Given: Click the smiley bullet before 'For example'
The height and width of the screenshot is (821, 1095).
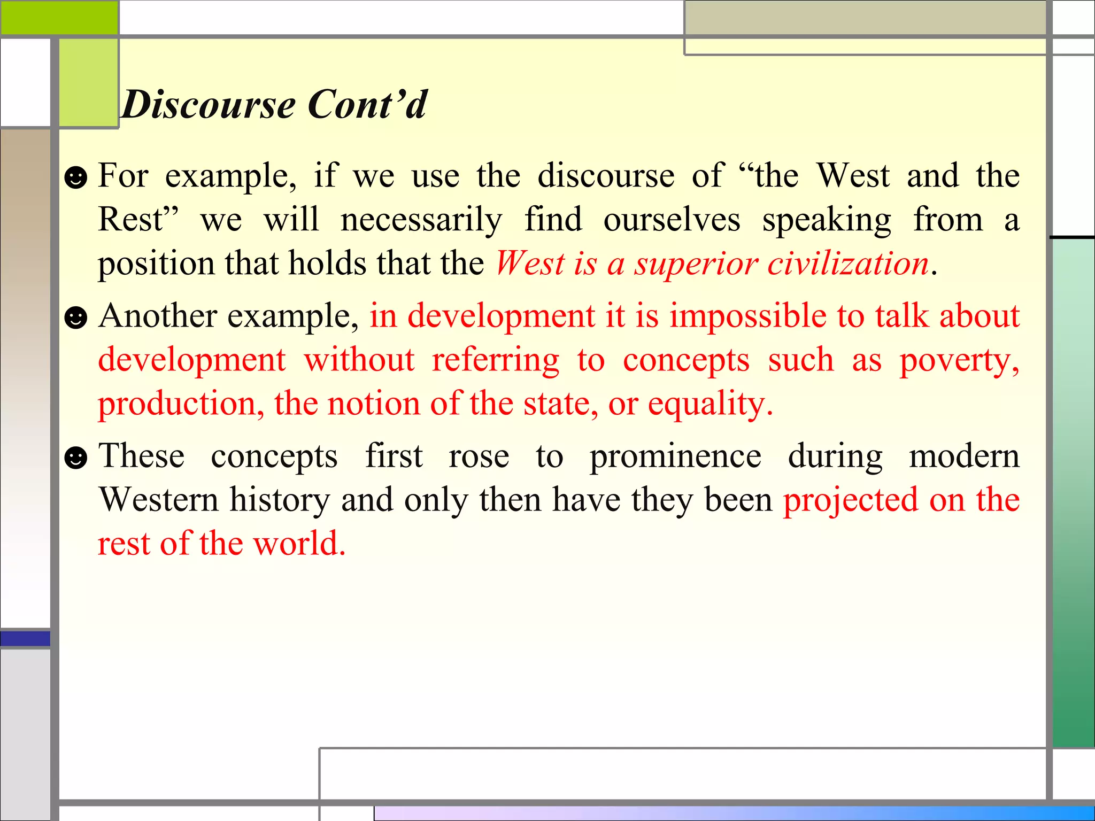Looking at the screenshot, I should (75, 177).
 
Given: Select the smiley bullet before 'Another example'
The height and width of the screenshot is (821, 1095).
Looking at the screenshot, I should (75, 317).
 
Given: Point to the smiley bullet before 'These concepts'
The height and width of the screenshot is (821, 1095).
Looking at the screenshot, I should (75, 458).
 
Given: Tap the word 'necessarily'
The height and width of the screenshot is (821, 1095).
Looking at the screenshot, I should (421, 220).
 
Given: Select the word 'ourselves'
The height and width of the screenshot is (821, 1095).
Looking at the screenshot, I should (672, 220).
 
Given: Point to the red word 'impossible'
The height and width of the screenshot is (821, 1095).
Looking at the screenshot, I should (748, 316).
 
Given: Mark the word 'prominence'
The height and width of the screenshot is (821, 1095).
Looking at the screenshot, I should (675, 458).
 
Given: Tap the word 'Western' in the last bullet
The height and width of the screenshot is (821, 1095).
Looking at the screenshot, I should (159, 500).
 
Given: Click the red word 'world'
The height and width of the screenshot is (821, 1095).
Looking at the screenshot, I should (299, 544).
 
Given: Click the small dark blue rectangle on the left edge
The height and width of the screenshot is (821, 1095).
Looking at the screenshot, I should (25, 638).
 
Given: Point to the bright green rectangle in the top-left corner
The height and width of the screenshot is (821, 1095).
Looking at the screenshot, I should (59, 17).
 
